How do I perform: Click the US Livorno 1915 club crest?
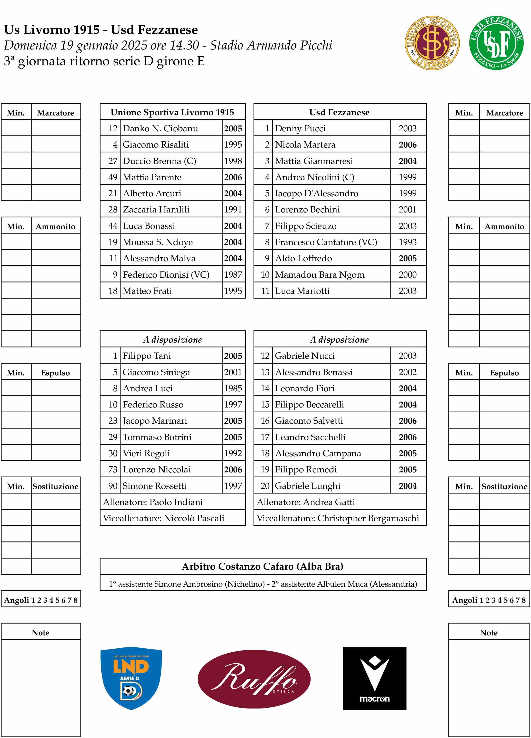(432, 43)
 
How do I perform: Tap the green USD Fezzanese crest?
(496, 43)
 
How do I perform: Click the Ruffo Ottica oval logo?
(254, 679)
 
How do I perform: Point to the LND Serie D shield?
(131, 678)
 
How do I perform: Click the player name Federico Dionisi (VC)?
(166, 275)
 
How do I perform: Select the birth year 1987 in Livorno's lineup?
(233, 275)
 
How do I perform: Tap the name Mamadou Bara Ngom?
(320, 275)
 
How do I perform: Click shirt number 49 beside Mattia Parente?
(113, 177)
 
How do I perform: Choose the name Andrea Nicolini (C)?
(314, 177)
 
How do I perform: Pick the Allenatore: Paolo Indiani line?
(153, 502)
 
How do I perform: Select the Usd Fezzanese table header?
(339, 112)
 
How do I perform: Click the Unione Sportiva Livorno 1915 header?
(172, 112)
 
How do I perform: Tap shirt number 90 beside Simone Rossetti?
(113, 486)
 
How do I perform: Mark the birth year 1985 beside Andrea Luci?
(233, 388)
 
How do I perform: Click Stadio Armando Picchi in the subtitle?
(271, 45)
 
